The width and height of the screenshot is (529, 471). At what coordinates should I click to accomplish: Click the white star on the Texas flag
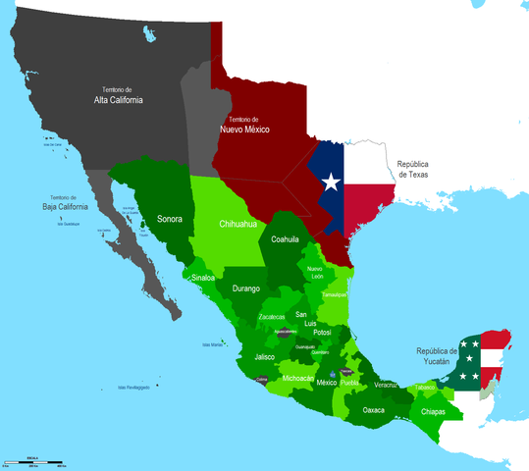(x=331, y=183)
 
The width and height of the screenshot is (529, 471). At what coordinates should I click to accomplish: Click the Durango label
(x=247, y=288)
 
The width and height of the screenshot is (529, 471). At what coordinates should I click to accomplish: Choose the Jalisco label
(x=264, y=357)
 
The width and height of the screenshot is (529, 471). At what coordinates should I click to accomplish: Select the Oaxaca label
(x=373, y=410)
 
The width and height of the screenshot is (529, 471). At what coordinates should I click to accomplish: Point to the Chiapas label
(x=432, y=412)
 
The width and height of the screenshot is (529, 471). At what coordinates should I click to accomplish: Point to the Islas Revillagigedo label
(x=133, y=388)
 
